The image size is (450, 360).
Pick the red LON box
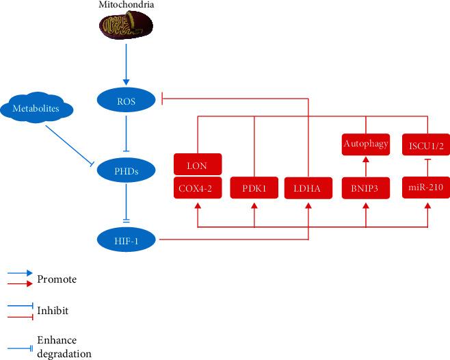198,164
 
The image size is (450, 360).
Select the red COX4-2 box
198,187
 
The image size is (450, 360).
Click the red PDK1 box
254,187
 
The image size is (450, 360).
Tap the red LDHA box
309,187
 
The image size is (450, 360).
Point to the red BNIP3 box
366,187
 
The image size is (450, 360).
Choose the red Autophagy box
366,144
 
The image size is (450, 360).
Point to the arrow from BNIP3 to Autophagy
366,166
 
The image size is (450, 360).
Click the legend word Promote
57,279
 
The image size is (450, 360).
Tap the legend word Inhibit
54,311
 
